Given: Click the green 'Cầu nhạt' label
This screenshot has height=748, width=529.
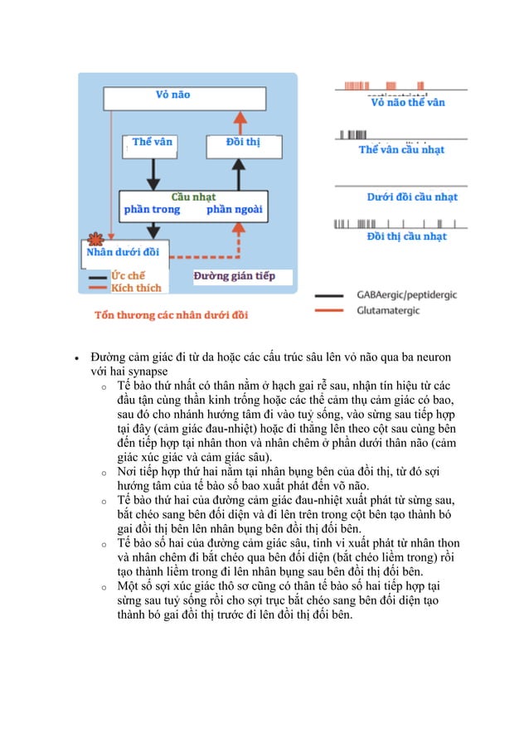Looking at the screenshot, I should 192,197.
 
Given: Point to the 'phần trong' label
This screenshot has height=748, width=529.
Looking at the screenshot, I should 152,210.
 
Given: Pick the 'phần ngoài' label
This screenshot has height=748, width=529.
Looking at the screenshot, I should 234,210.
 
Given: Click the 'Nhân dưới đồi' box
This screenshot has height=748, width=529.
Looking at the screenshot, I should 124,252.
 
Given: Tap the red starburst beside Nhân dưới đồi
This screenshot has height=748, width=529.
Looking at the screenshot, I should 93,237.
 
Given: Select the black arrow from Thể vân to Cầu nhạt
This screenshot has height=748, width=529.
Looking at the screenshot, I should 151,173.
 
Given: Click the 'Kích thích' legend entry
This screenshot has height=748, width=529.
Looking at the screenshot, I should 136,288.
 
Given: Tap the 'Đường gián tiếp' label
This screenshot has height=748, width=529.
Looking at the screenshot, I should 233,276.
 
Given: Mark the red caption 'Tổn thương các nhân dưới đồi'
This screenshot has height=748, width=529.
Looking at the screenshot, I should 171,314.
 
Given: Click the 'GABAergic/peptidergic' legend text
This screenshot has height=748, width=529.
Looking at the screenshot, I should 406,294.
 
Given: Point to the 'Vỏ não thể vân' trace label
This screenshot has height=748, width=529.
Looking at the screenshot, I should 407,104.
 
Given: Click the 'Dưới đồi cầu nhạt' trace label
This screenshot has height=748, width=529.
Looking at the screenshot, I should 412,197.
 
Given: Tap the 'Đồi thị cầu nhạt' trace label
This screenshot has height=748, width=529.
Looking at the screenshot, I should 406,237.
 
